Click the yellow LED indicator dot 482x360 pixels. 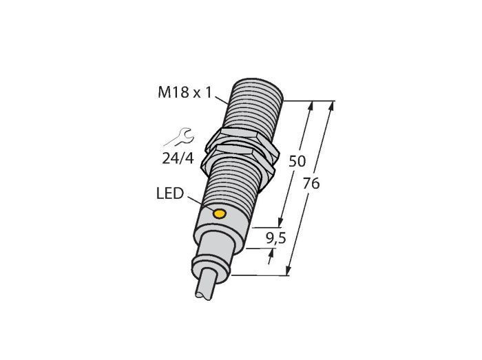click(220, 214)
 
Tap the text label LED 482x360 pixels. click(170, 194)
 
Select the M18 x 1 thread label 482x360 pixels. click(185, 92)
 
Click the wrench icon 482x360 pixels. click(180, 137)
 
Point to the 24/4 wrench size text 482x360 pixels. click(178, 158)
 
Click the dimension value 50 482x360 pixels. click(297, 161)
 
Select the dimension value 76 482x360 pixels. click(311, 184)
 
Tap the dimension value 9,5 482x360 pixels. click(275, 238)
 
